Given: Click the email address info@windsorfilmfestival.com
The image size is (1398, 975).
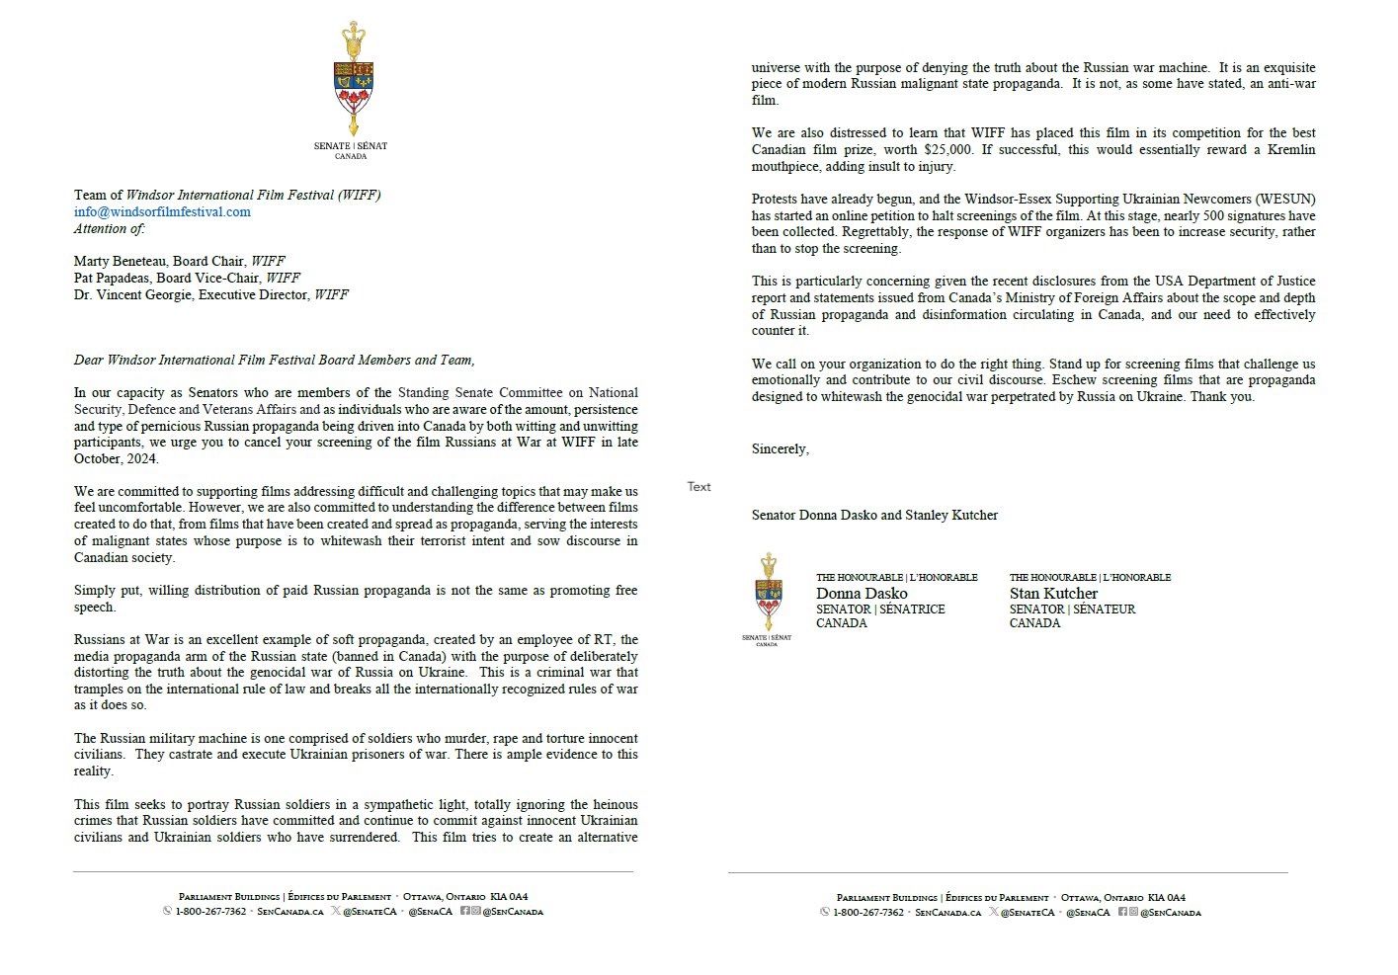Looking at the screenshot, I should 162,211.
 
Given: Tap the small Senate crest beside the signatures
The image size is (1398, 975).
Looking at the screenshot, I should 768,593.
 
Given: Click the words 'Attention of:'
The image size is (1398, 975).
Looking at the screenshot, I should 109,228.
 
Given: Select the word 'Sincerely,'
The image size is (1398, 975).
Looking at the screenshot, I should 780,448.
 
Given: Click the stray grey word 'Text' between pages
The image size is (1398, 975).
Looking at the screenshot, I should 699,486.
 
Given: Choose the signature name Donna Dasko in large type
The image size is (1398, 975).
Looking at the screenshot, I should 862,593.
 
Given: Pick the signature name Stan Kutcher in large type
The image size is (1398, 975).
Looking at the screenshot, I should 1053,593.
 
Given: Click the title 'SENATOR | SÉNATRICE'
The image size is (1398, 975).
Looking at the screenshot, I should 880,609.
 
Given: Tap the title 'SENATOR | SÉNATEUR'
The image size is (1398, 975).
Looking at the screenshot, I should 1072,609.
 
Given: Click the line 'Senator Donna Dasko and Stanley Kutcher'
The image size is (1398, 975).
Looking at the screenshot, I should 874,515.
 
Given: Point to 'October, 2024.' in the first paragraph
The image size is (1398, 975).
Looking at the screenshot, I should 116,458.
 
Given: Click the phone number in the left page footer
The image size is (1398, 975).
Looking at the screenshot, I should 210,911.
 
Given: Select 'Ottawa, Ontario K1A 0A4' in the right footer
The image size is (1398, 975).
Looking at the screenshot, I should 1122,898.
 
